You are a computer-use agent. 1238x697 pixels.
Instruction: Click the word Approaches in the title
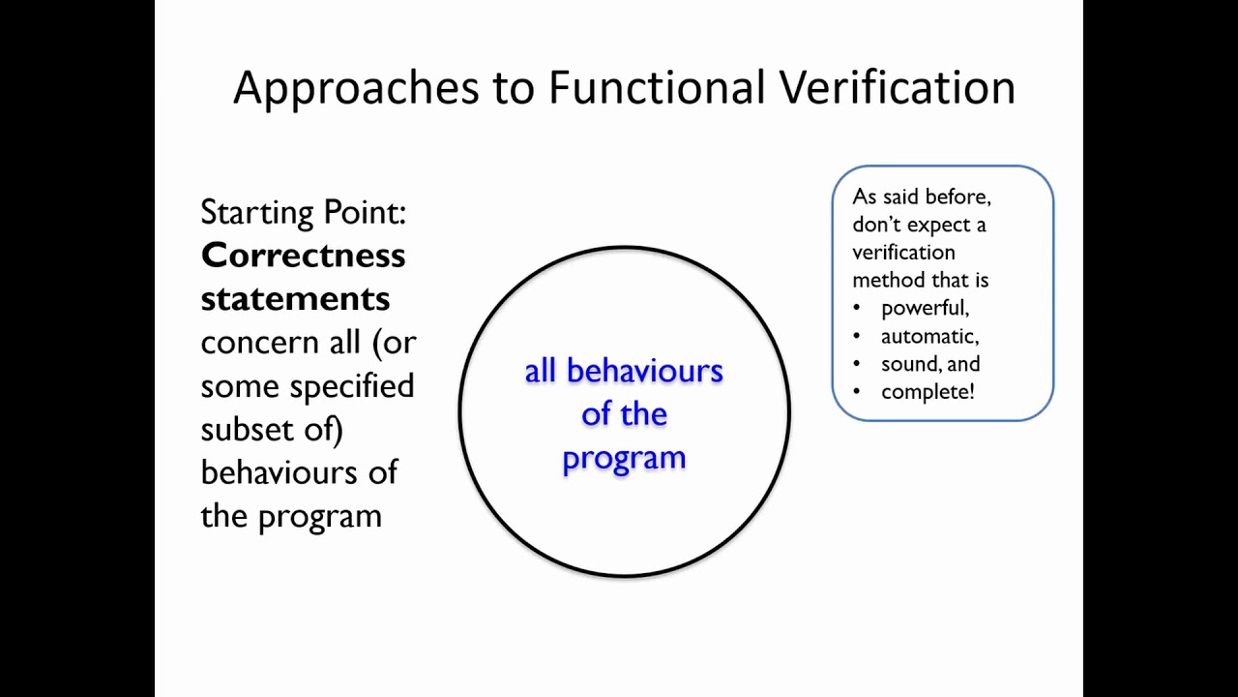tap(356, 88)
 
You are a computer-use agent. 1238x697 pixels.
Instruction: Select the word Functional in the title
tap(658, 87)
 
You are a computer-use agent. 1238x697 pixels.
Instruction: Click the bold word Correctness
tap(303, 256)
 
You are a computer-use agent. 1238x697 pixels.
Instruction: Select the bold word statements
tap(295, 298)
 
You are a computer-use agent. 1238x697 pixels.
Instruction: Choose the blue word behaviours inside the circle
tap(644, 372)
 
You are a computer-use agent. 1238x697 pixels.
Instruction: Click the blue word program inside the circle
tap(624, 458)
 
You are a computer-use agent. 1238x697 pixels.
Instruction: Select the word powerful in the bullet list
tap(925, 308)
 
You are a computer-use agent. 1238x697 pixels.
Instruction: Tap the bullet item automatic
tap(929, 336)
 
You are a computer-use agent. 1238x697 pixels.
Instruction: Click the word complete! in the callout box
tap(928, 392)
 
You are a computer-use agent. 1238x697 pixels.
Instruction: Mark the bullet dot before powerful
tap(857, 309)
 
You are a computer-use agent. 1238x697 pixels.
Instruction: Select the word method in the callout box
tap(883, 281)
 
